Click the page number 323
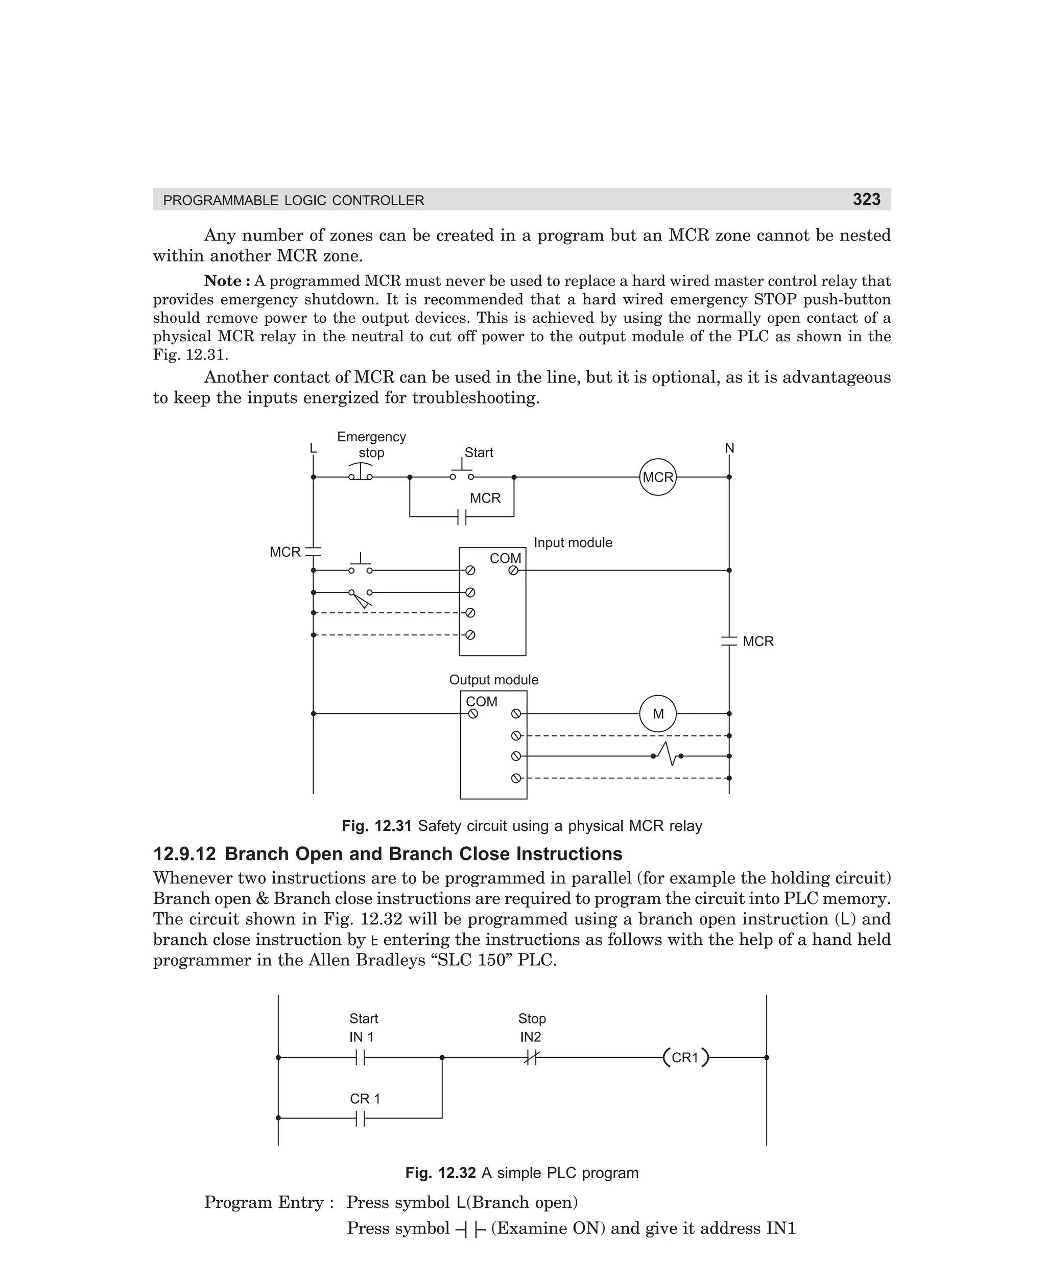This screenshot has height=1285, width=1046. [x=866, y=199]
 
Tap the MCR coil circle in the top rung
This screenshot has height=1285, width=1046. [x=657, y=477]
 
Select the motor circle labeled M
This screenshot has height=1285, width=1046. [x=657, y=714]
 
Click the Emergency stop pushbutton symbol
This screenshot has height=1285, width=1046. [x=360, y=473]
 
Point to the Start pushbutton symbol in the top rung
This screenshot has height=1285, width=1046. [x=462, y=472]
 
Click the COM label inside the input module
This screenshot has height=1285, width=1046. [x=505, y=558]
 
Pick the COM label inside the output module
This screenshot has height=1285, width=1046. [x=482, y=702]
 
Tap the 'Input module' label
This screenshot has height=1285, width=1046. [x=573, y=543]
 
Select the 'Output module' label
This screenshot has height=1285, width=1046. [x=493, y=680]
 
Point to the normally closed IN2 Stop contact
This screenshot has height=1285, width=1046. [x=530, y=1058]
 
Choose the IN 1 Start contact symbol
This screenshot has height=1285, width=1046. [x=360, y=1058]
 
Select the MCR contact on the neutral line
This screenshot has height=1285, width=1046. [x=729, y=641]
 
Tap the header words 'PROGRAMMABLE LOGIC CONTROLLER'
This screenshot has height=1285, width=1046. [x=294, y=201]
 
